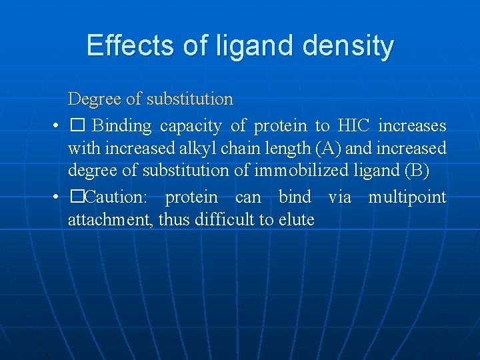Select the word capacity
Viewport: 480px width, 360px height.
pos(191,125)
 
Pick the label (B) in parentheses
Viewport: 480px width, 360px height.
pos(417,171)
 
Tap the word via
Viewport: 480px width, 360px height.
pos(339,197)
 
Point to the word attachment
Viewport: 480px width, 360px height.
pos(110,219)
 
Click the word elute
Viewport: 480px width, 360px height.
pos(296,219)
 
